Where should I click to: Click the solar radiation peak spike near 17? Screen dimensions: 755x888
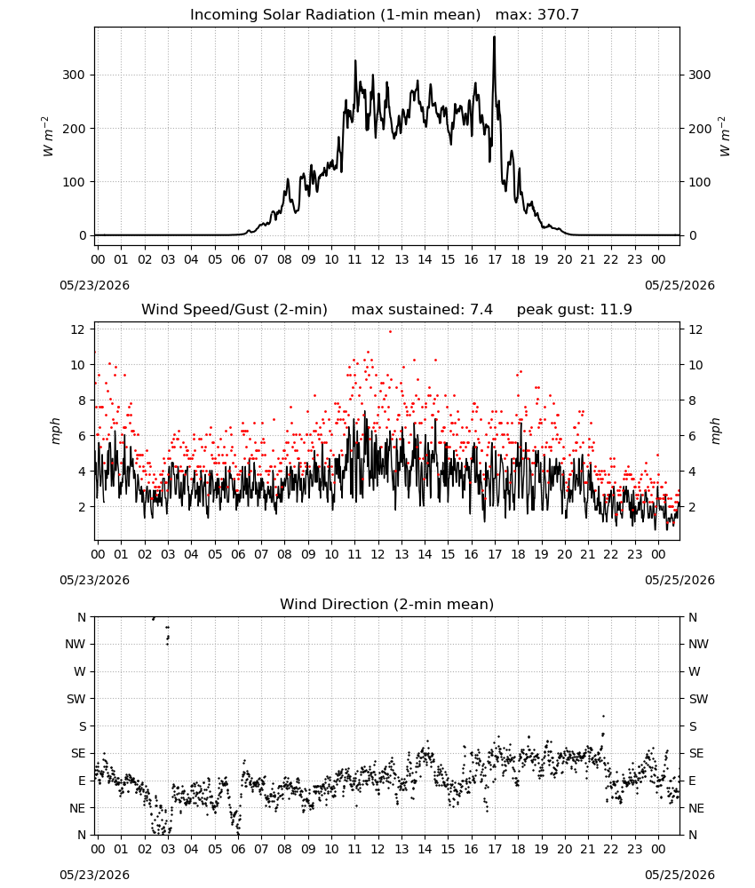494,37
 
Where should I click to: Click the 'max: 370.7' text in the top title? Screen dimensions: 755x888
537,14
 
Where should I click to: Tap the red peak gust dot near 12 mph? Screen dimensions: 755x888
390,332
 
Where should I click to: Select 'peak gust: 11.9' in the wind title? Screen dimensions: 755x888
574,309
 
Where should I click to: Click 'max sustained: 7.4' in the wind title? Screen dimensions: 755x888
422,309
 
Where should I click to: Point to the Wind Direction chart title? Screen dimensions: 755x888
387,604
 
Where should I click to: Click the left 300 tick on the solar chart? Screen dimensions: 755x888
74,75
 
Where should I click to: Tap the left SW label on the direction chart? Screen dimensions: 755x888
75,699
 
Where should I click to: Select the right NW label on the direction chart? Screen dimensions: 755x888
698,644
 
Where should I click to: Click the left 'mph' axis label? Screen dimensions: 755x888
55,431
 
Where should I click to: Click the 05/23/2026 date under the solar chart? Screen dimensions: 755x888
94,285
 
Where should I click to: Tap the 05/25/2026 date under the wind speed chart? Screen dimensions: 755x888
679,580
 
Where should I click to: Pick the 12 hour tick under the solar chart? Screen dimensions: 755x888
377,259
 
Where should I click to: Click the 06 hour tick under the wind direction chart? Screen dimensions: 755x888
238,849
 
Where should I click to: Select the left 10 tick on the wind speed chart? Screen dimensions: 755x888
77,365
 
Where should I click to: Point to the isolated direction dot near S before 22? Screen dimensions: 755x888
603,717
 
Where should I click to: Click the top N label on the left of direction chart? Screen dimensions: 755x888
82,617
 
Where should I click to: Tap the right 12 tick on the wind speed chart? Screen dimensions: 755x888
695,329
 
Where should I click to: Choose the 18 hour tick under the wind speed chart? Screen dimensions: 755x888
518,554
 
